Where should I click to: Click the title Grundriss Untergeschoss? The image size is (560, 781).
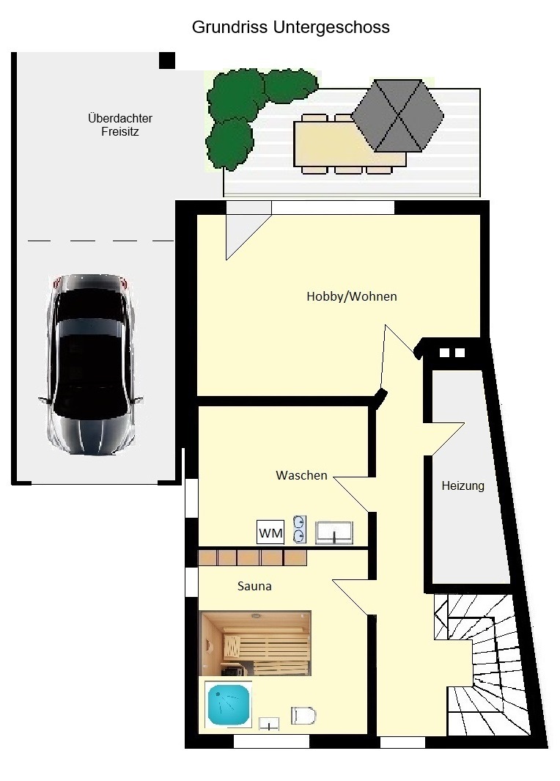coord(291,27)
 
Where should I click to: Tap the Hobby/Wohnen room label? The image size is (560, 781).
coord(351,296)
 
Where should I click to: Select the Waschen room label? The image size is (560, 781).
coord(302,475)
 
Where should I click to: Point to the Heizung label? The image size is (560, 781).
coord(463,485)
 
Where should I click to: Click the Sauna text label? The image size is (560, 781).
coord(254,586)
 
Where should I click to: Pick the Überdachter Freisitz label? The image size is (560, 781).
coord(120,125)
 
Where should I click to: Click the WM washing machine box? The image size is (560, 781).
coord(270,532)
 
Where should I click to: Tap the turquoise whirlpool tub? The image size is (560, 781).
coord(229,705)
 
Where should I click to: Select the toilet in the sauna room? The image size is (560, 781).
coord(303,716)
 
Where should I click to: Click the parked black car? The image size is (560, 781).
coord(90,364)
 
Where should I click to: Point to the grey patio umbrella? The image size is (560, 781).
coord(397,116)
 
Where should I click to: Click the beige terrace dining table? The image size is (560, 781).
coord(350,144)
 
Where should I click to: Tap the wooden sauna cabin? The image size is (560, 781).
coord(255,643)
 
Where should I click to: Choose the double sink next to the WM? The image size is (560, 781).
coord(300,529)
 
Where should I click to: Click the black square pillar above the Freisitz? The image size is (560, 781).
coord(167,60)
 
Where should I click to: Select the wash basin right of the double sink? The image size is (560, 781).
coord(334,532)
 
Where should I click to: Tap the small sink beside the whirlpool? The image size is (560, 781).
coord(269,724)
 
